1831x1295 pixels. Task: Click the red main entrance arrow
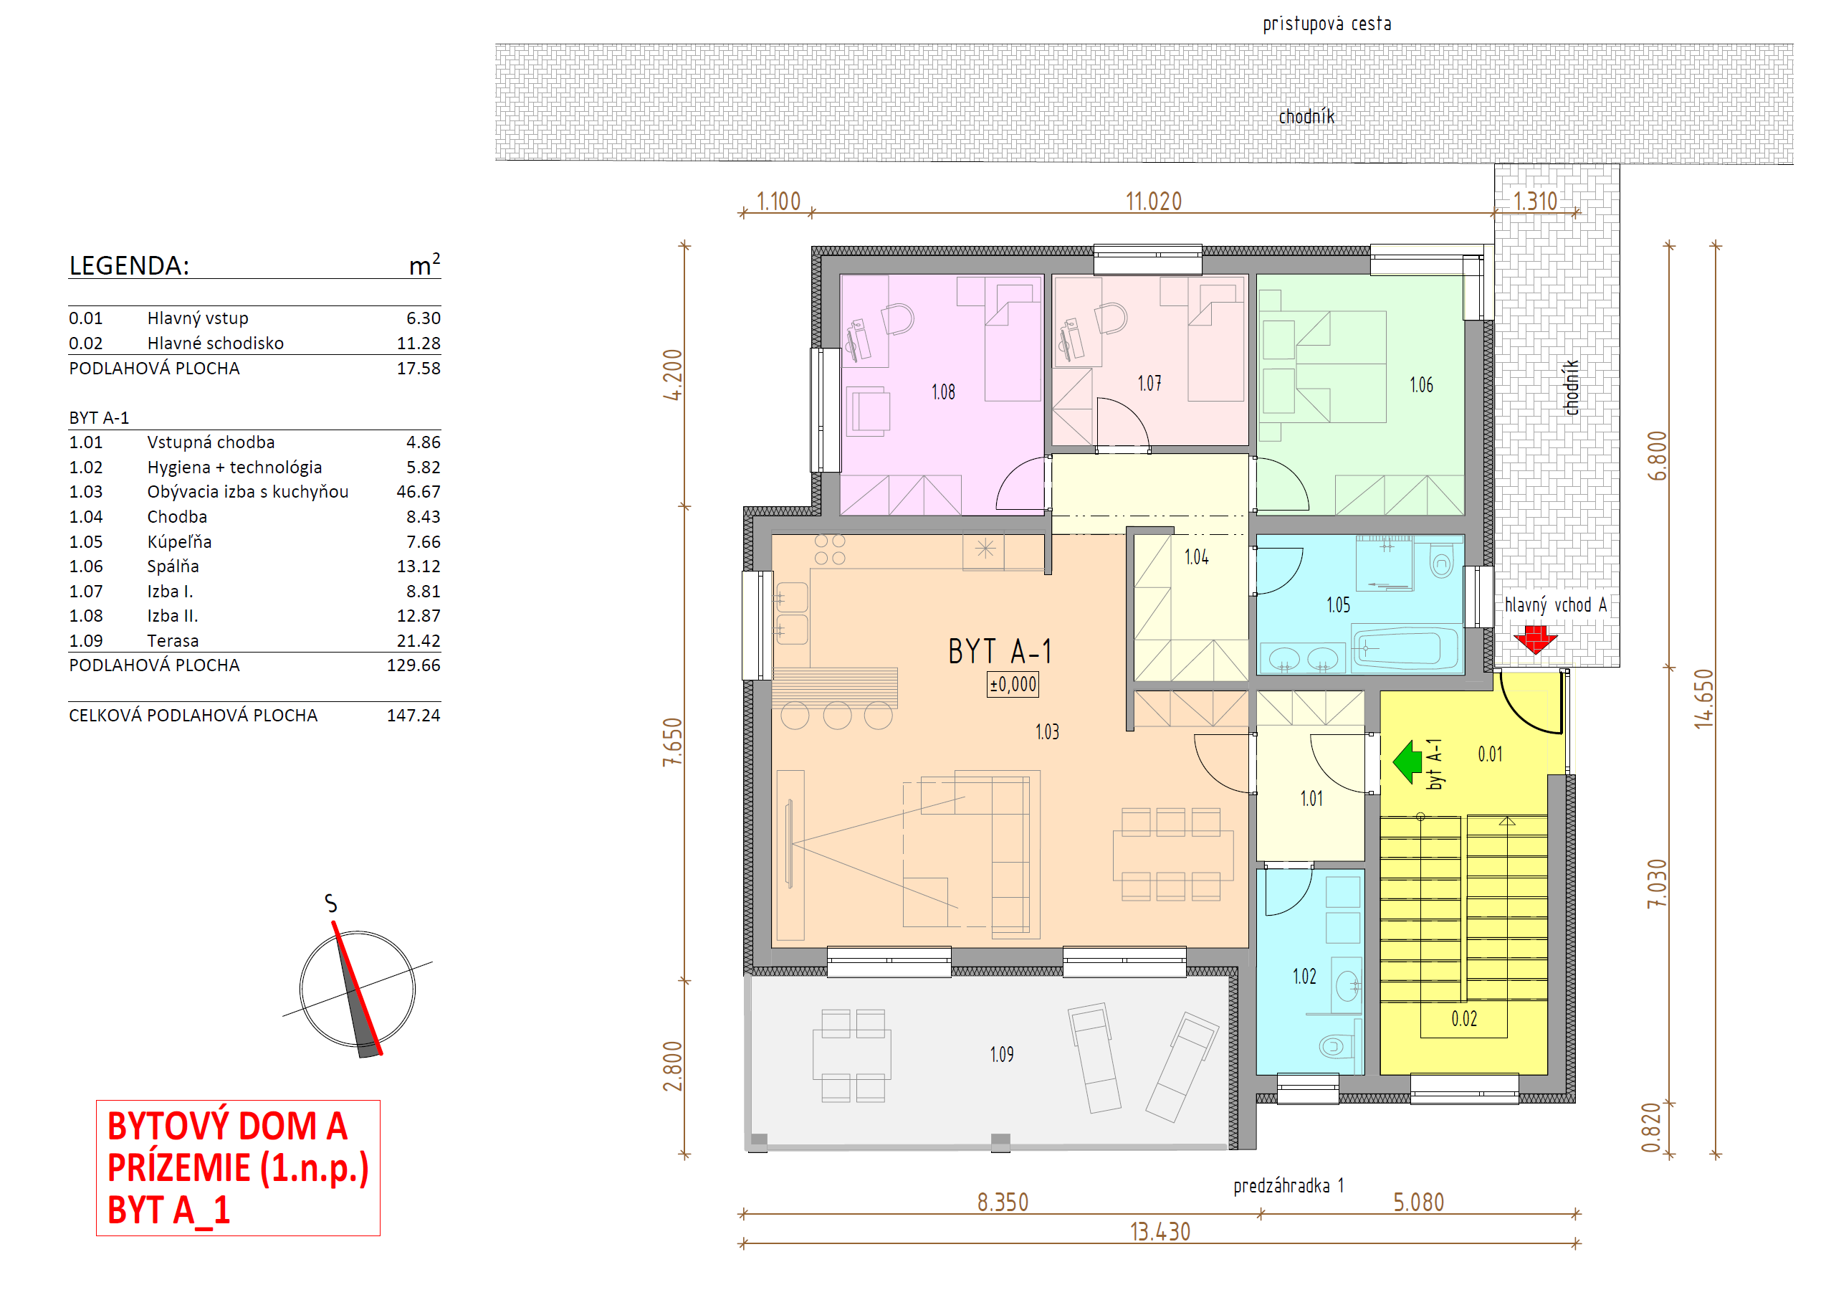tap(1534, 640)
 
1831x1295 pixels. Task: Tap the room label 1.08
tap(942, 392)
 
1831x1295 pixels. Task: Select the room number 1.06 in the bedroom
tap(1421, 384)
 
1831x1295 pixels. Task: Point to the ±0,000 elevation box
tap(1013, 684)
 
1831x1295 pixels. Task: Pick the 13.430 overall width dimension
tap(1160, 1232)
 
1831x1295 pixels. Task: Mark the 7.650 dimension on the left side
tap(673, 742)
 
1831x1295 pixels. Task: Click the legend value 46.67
tap(418, 491)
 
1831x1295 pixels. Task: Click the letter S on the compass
tap(331, 903)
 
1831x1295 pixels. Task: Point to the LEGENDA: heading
tap(129, 265)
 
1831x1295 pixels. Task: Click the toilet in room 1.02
tap(1337, 1045)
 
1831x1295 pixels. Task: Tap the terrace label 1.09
tap(1002, 1054)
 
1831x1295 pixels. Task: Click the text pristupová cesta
tap(1327, 24)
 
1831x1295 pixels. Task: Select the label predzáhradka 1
tap(1289, 1186)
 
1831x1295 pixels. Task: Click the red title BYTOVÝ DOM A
tap(227, 1126)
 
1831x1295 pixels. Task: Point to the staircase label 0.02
tap(1464, 1018)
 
